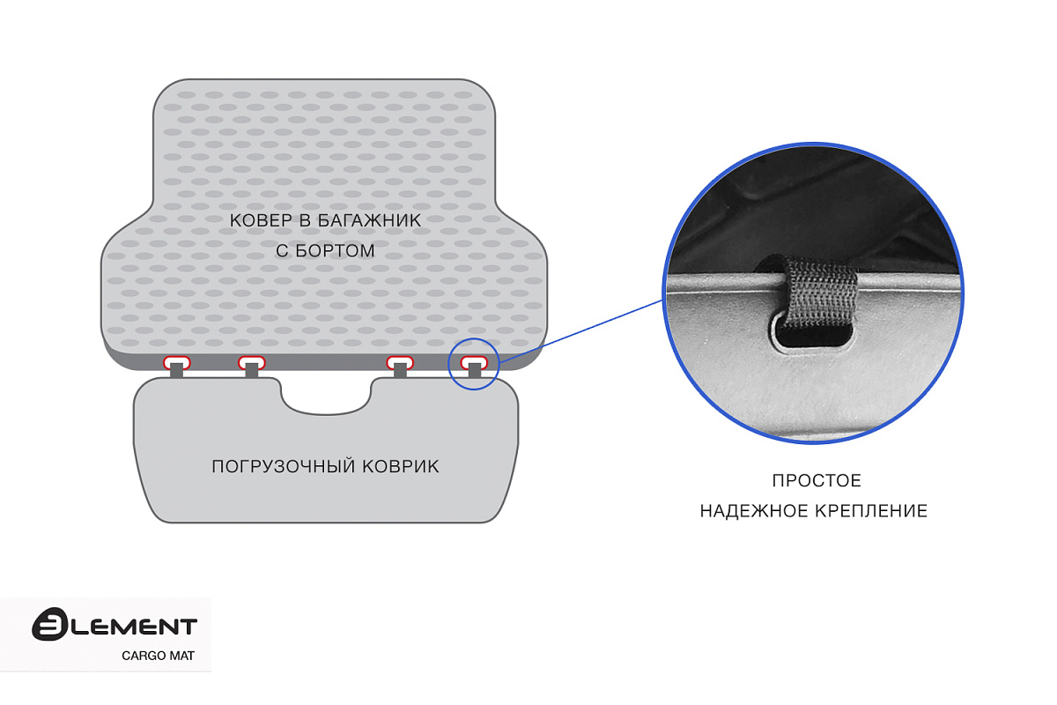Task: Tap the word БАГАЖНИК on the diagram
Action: click(369, 220)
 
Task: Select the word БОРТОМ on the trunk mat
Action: click(335, 251)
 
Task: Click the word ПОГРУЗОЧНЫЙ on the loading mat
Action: click(283, 466)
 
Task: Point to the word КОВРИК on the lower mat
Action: click(401, 466)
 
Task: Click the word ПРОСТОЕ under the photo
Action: click(817, 480)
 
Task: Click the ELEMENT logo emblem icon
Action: click(49, 624)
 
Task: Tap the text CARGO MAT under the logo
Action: click(158, 656)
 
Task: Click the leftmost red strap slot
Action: click(177, 362)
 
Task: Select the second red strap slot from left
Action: click(252, 362)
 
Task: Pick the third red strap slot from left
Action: click(400, 362)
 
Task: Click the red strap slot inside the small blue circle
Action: click(474, 362)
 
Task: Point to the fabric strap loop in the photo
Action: click(817, 293)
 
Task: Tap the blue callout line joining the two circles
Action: click(581, 331)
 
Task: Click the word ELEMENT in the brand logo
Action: click(135, 627)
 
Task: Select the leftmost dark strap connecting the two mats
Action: click(176, 370)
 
